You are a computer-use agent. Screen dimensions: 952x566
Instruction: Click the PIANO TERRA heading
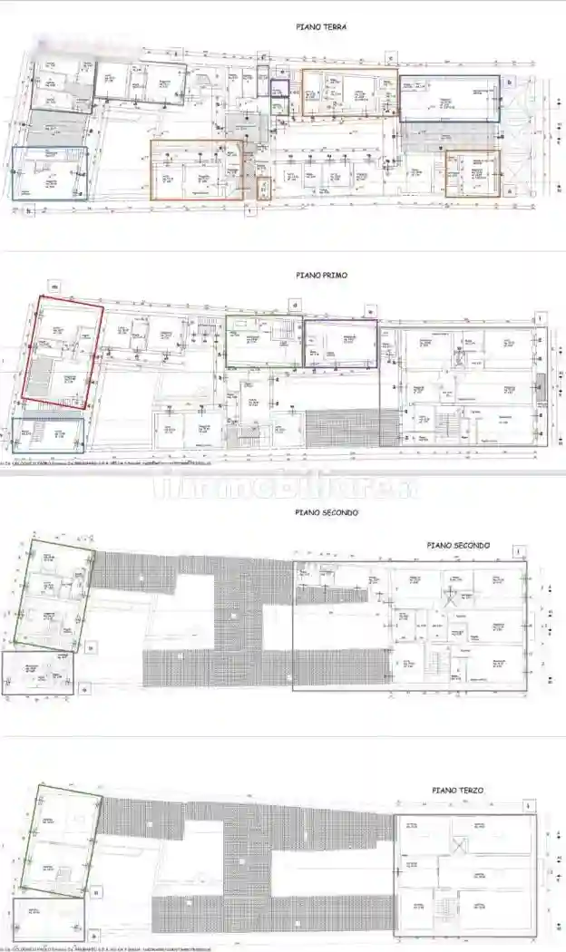click(321, 27)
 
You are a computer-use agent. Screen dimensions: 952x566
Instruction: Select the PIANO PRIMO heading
click(321, 274)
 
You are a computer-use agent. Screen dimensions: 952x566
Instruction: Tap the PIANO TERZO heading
click(458, 791)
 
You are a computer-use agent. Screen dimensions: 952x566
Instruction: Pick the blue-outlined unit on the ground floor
click(50, 174)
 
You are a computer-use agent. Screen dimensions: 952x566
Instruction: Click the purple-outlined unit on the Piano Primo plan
click(340, 344)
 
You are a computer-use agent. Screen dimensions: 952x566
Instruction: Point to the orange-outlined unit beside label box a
click(472, 173)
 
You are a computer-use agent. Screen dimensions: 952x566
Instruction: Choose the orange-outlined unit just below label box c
click(349, 92)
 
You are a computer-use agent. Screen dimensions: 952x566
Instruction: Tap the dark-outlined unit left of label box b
click(449, 99)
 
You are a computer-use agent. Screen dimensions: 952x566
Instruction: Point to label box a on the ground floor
click(511, 191)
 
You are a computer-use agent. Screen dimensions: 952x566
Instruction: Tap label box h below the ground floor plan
click(30, 212)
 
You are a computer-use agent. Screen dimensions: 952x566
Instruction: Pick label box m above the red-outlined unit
click(55, 287)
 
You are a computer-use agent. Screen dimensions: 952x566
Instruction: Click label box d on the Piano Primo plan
click(294, 305)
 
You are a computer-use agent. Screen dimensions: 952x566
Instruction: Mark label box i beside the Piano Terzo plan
click(529, 804)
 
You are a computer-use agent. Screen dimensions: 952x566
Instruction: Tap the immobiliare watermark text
click(283, 487)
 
